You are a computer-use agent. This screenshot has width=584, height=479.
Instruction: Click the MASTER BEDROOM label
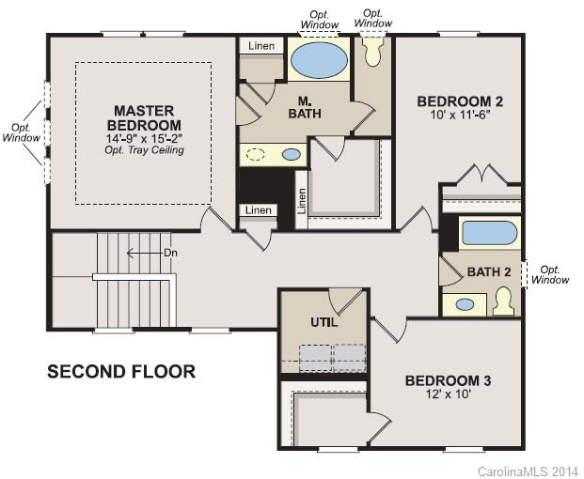coord(144,117)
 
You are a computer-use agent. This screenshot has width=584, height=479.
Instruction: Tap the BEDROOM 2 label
coord(460,101)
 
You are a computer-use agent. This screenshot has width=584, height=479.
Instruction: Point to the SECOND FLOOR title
coord(121,372)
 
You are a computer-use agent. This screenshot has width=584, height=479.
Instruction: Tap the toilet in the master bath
coord(372,51)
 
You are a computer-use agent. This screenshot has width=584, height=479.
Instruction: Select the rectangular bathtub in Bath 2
coord(486,233)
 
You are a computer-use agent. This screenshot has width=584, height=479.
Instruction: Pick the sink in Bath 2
coord(465,304)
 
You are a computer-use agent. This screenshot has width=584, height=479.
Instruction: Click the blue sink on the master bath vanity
coord(292,154)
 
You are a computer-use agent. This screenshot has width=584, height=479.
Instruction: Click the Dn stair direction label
coord(169,253)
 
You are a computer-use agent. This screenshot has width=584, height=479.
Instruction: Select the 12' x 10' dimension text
coord(448,395)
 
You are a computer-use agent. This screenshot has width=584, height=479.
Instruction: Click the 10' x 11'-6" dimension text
coord(460,116)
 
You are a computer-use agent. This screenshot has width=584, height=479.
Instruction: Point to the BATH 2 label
coord(489,272)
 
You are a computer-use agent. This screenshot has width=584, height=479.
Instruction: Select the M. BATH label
coord(305,108)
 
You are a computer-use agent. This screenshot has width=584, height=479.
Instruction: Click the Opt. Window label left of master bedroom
coord(21,132)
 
